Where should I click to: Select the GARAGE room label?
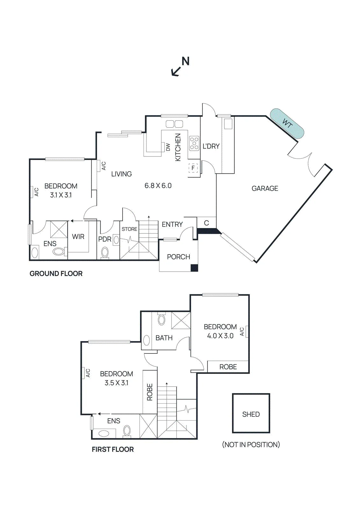pos(265,188)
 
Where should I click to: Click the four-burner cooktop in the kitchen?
pos(194,143)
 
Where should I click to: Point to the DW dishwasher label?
pos(168,147)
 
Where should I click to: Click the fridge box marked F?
pos(193,168)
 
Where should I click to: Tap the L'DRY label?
pos(211,146)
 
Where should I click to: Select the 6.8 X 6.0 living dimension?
pos(158,186)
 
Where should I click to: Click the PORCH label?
pos(179,257)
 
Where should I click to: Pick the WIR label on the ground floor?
pos(78,237)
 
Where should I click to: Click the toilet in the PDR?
pos(105,252)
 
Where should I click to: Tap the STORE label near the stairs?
pos(130,229)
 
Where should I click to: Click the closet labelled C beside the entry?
pos(206,223)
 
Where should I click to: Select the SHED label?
pos(251,414)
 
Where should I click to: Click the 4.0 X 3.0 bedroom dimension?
pos(220,336)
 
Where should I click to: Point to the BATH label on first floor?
pos(164,338)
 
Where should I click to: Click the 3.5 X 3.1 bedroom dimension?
pos(116,383)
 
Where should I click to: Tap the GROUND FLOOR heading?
pos(56,274)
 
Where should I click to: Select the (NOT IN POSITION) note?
pos(251,444)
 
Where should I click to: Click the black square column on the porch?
pos(194,268)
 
